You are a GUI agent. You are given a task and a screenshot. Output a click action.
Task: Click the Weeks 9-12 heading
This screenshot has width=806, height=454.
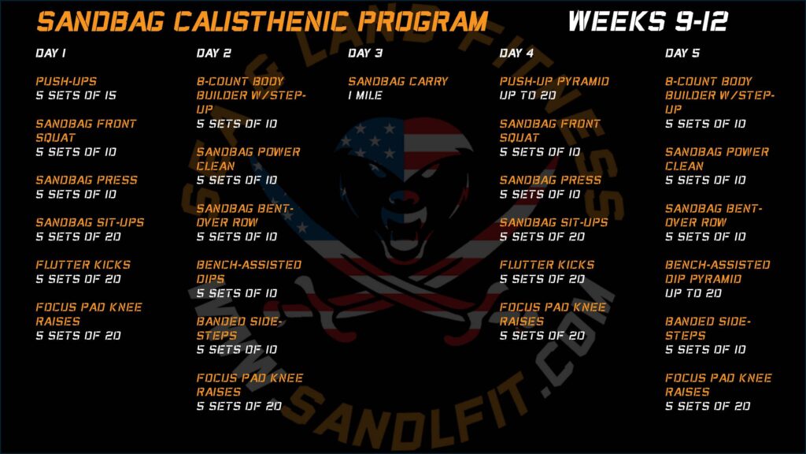pyautogui.click(x=649, y=21)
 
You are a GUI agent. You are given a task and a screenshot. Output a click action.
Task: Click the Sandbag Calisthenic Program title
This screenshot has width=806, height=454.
pyautogui.click(x=262, y=21)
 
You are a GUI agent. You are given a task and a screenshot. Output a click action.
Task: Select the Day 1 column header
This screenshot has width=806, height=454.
pyautogui.click(x=51, y=53)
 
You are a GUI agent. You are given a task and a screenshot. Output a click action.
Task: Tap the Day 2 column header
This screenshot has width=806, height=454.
pyautogui.click(x=214, y=53)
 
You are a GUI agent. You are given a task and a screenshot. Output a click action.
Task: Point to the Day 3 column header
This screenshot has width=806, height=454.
pyautogui.click(x=365, y=53)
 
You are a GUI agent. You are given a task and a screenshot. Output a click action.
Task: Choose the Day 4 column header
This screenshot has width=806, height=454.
pyautogui.click(x=516, y=53)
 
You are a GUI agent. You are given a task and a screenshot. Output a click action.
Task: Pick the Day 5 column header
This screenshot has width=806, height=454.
pyautogui.click(x=682, y=53)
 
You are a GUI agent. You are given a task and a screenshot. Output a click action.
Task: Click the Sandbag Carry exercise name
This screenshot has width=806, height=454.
pyautogui.click(x=397, y=81)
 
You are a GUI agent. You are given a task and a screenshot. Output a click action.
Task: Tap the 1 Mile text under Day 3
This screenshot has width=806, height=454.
pyautogui.click(x=365, y=95)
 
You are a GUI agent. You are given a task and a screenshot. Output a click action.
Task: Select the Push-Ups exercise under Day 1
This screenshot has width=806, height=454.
pyautogui.click(x=66, y=81)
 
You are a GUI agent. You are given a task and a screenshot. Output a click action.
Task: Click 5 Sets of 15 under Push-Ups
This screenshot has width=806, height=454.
pyautogui.click(x=76, y=95)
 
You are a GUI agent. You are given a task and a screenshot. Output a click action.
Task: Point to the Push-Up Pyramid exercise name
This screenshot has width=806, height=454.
pyautogui.click(x=554, y=81)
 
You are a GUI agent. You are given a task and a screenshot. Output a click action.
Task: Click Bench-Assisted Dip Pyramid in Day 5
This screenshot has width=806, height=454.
pyautogui.click(x=717, y=272)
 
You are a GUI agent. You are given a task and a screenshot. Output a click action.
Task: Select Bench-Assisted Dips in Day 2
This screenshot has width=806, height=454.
pyautogui.click(x=249, y=272)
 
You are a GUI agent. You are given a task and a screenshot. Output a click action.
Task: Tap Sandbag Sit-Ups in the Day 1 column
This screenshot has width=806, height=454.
pyautogui.click(x=90, y=222)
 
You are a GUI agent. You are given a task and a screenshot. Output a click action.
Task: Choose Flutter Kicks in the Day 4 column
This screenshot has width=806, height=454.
pyautogui.click(x=546, y=265)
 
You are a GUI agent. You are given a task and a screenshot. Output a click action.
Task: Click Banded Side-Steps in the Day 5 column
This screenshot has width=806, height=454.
pyautogui.click(x=708, y=329)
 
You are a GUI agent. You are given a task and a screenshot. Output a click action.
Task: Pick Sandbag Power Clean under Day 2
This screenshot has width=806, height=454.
pyautogui.click(x=248, y=159)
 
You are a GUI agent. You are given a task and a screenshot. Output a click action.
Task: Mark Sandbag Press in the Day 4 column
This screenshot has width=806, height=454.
pyautogui.click(x=550, y=180)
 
